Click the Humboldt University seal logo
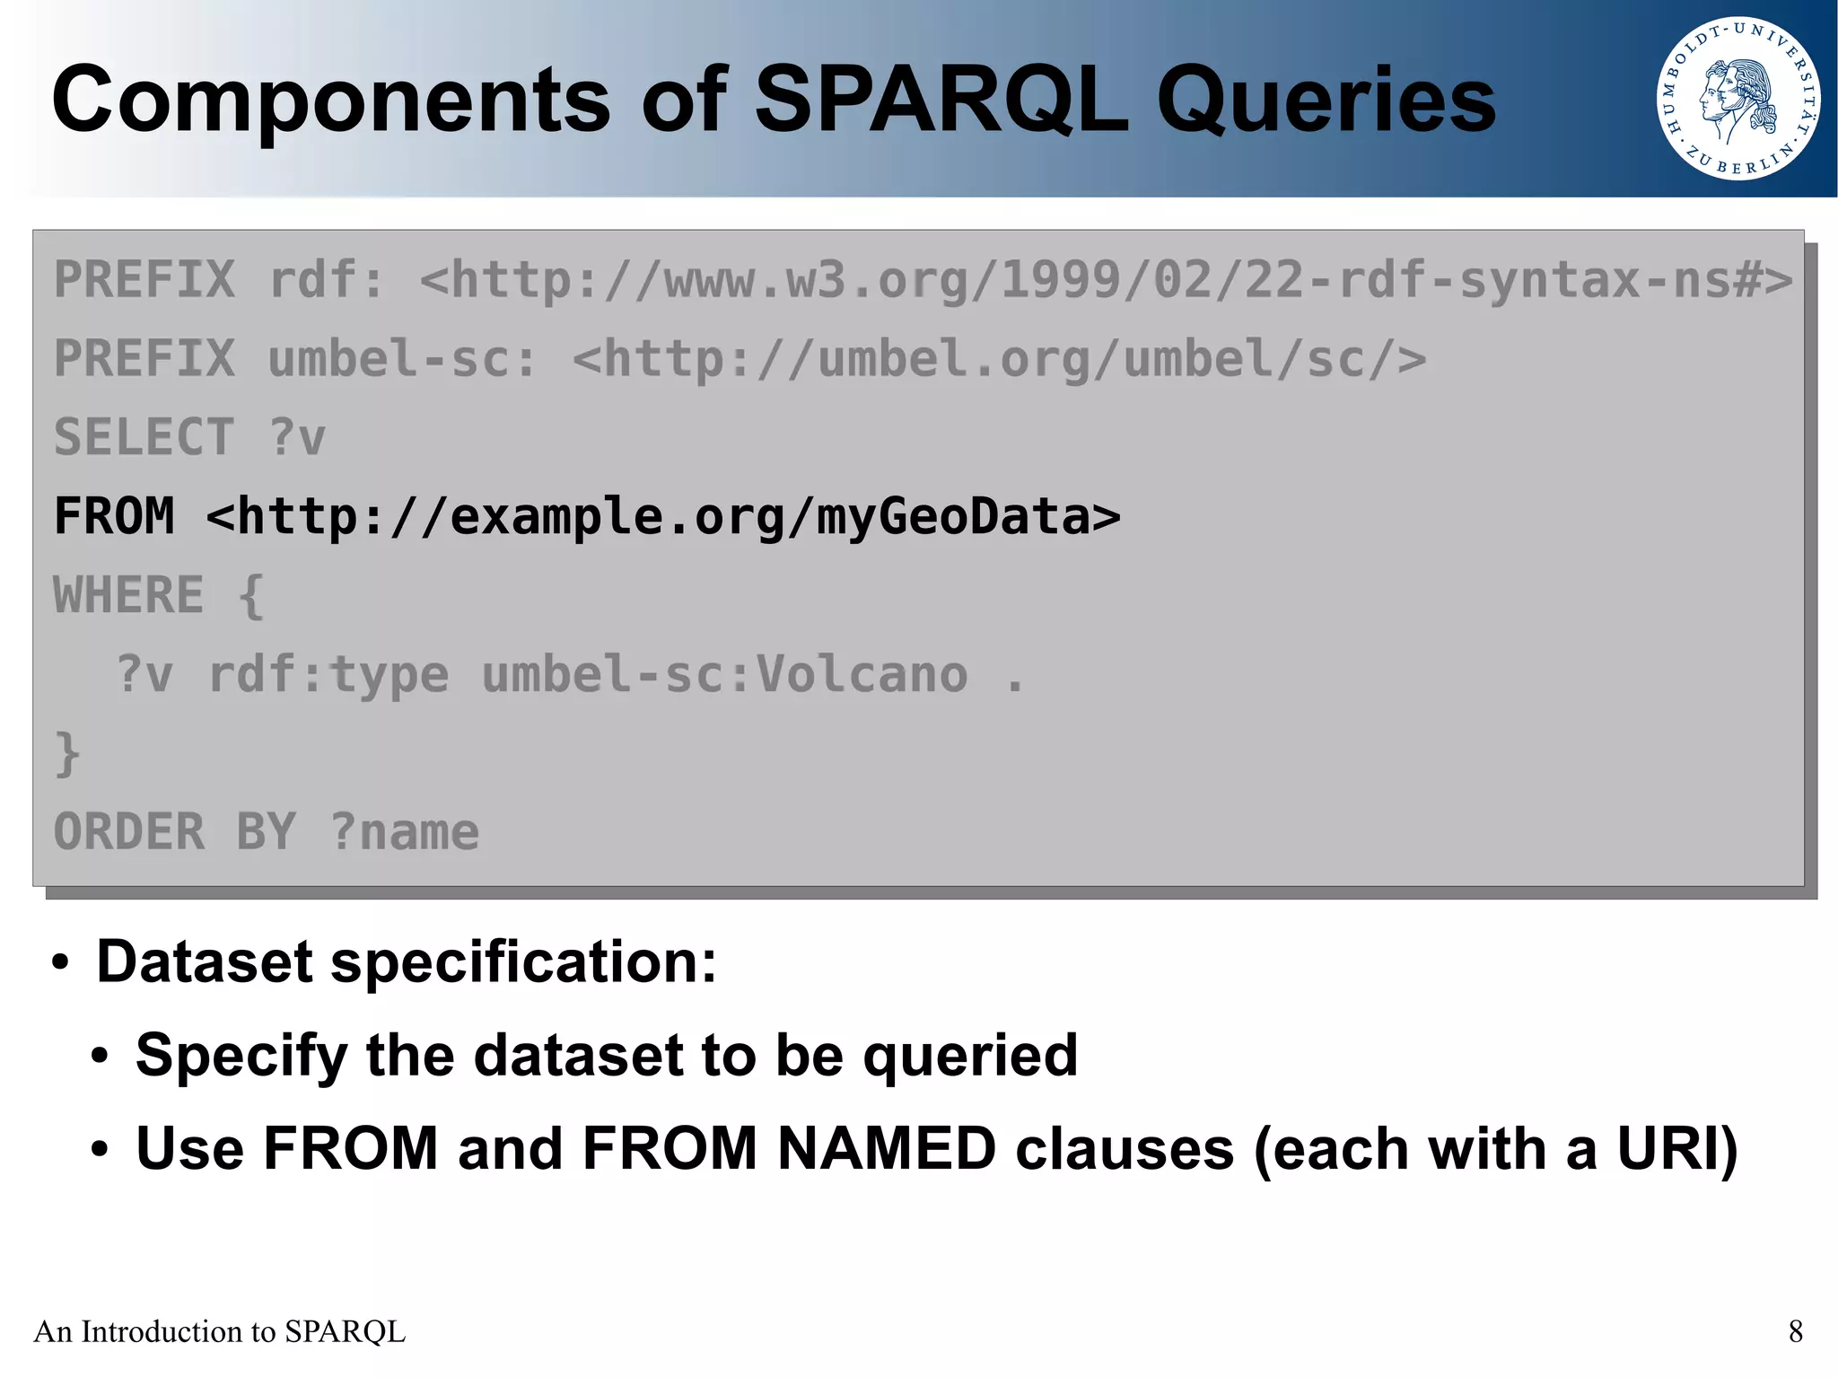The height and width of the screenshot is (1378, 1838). click(1737, 98)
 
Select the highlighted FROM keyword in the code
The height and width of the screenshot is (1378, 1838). click(114, 516)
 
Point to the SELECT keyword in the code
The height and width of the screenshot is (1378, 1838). click(144, 438)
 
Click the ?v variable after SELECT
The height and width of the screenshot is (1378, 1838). click(297, 438)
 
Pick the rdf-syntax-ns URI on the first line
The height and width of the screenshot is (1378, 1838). click(1106, 280)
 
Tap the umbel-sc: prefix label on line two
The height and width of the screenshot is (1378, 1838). click(402, 359)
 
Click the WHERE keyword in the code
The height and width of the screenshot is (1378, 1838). click(128, 595)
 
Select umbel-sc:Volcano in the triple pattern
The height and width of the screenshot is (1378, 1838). click(725, 674)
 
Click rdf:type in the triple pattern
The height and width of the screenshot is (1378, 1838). click(328, 674)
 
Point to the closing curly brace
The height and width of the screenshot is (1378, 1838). click(67, 752)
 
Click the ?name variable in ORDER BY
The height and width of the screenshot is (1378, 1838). click(404, 832)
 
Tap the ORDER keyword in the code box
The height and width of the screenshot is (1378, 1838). click(128, 832)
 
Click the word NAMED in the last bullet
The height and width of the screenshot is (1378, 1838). click(886, 1149)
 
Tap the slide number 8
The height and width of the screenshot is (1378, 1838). click(1795, 1331)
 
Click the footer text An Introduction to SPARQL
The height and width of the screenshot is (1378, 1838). click(220, 1331)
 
